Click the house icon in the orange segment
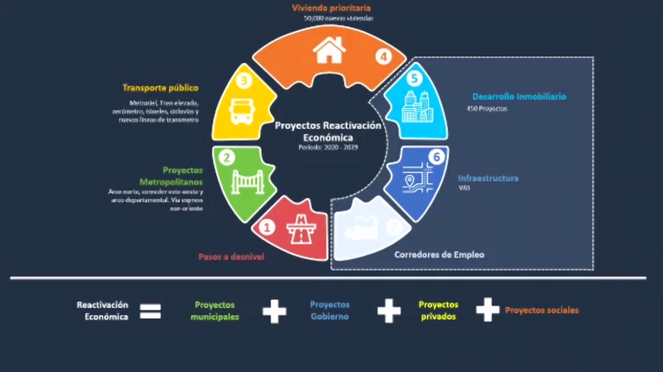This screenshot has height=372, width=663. (x=329, y=51)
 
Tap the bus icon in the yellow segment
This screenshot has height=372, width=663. (x=242, y=110)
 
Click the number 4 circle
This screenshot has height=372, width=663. (x=383, y=56)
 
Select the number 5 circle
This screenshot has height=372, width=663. (x=414, y=77)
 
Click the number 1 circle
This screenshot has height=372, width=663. (x=268, y=227)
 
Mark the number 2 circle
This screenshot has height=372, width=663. (x=228, y=157)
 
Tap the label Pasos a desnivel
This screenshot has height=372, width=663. (x=231, y=257)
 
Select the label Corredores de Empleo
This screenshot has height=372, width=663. (x=439, y=255)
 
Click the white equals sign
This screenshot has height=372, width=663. (x=150, y=312)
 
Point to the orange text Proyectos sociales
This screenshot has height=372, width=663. (x=541, y=310)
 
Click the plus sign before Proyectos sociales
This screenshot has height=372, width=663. (x=487, y=310)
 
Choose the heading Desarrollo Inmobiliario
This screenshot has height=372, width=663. (x=519, y=96)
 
